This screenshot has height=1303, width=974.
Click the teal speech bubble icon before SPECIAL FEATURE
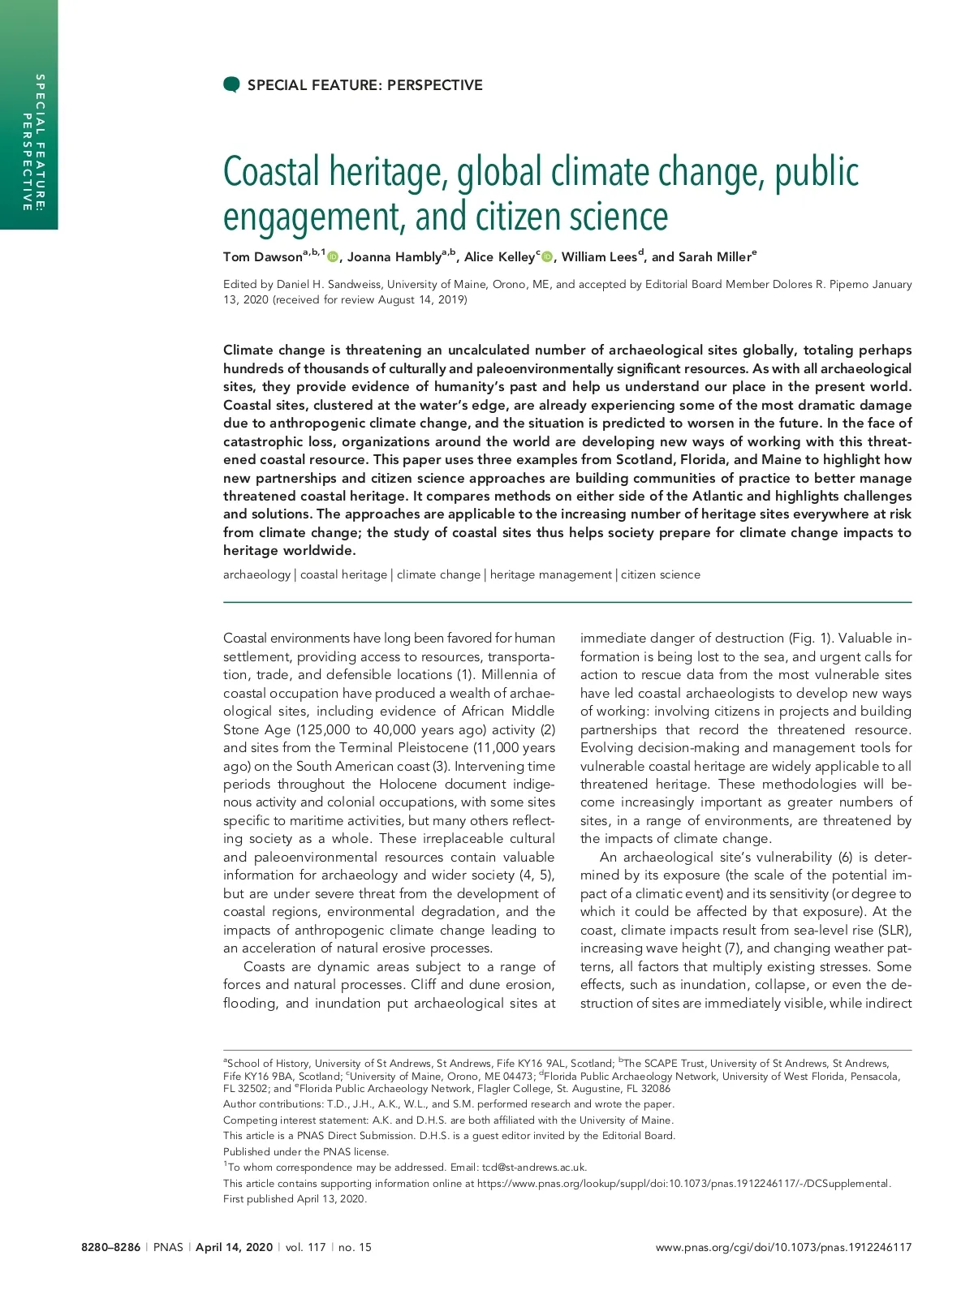coord(231,84)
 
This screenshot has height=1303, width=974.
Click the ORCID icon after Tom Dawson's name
coord(333,257)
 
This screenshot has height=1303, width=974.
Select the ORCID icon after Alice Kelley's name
coord(547,257)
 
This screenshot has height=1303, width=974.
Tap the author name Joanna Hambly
coord(394,257)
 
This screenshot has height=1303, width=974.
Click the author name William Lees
coord(599,257)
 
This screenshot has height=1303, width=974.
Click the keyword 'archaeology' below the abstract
coord(256,574)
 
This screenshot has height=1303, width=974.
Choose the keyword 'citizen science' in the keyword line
coord(660,574)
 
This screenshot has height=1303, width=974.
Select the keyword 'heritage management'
coord(550,574)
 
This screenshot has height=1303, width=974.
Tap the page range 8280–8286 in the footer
coord(111,1247)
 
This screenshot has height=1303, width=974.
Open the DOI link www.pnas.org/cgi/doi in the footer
coord(783,1247)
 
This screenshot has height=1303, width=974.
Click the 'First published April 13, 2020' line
coord(295,1198)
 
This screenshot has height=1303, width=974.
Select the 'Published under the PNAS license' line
coord(306,1151)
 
